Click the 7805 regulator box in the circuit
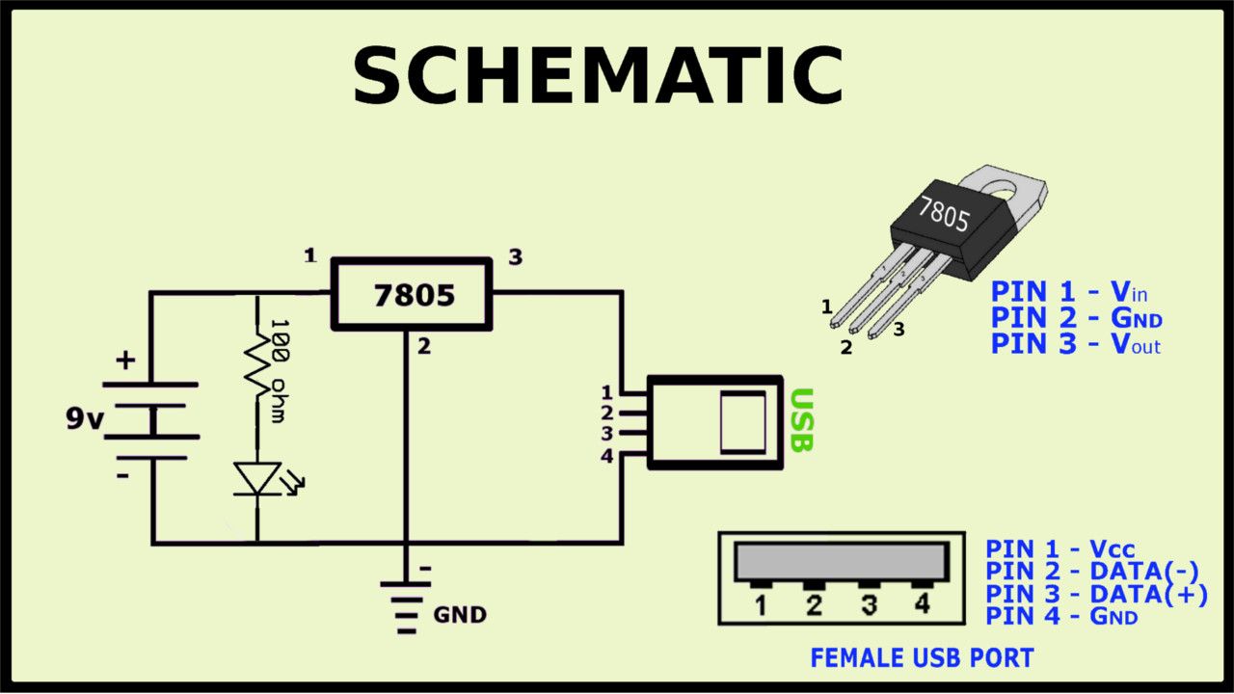[412, 295]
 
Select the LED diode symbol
[257, 479]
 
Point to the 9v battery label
[85, 419]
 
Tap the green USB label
[802, 420]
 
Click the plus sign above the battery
[125, 361]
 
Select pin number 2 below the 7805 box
[424, 348]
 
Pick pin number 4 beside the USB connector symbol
[606, 456]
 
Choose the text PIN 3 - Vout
[1076, 344]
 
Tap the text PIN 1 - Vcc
[1060, 549]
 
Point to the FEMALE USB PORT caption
[922, 658]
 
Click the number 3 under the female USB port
[869, 605]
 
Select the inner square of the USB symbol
[743, 422]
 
